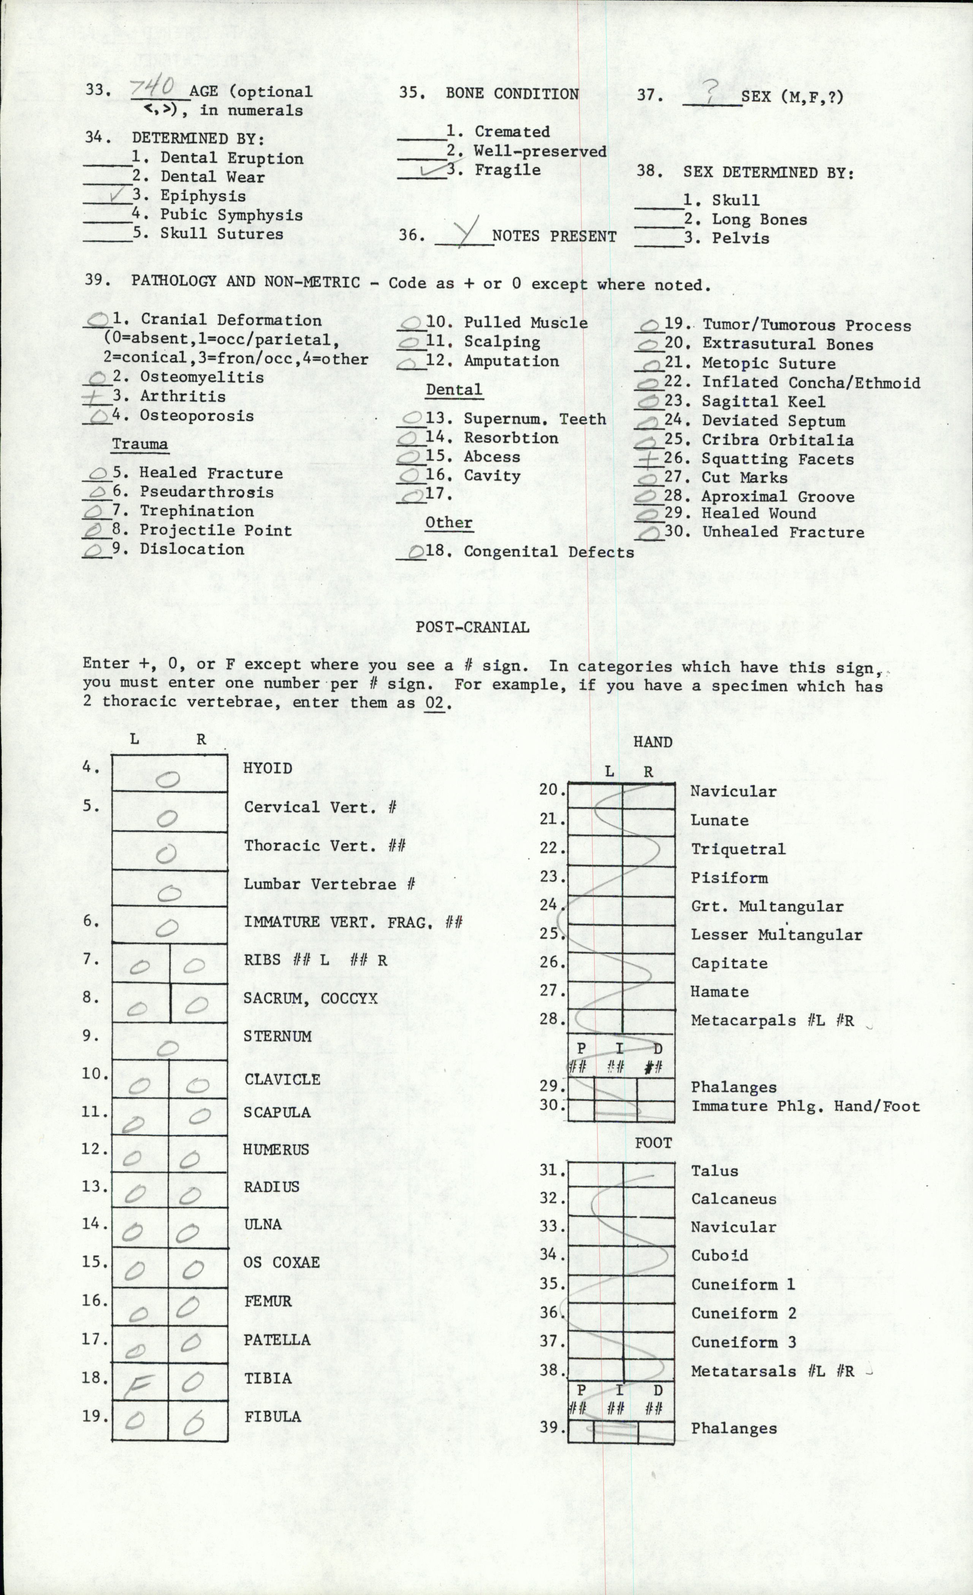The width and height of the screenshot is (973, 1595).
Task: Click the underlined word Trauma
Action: coord(140,444)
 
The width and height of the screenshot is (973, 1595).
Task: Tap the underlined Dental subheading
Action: coord(454,390)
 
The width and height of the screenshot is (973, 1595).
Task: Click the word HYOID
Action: coord(267,768)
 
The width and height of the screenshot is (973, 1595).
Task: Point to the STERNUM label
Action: coord(277,1036)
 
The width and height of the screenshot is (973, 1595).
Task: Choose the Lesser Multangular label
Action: coord(776,935)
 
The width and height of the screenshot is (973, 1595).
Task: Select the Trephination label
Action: coord(197,511)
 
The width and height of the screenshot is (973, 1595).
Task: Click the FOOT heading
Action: coord(653,1143)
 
